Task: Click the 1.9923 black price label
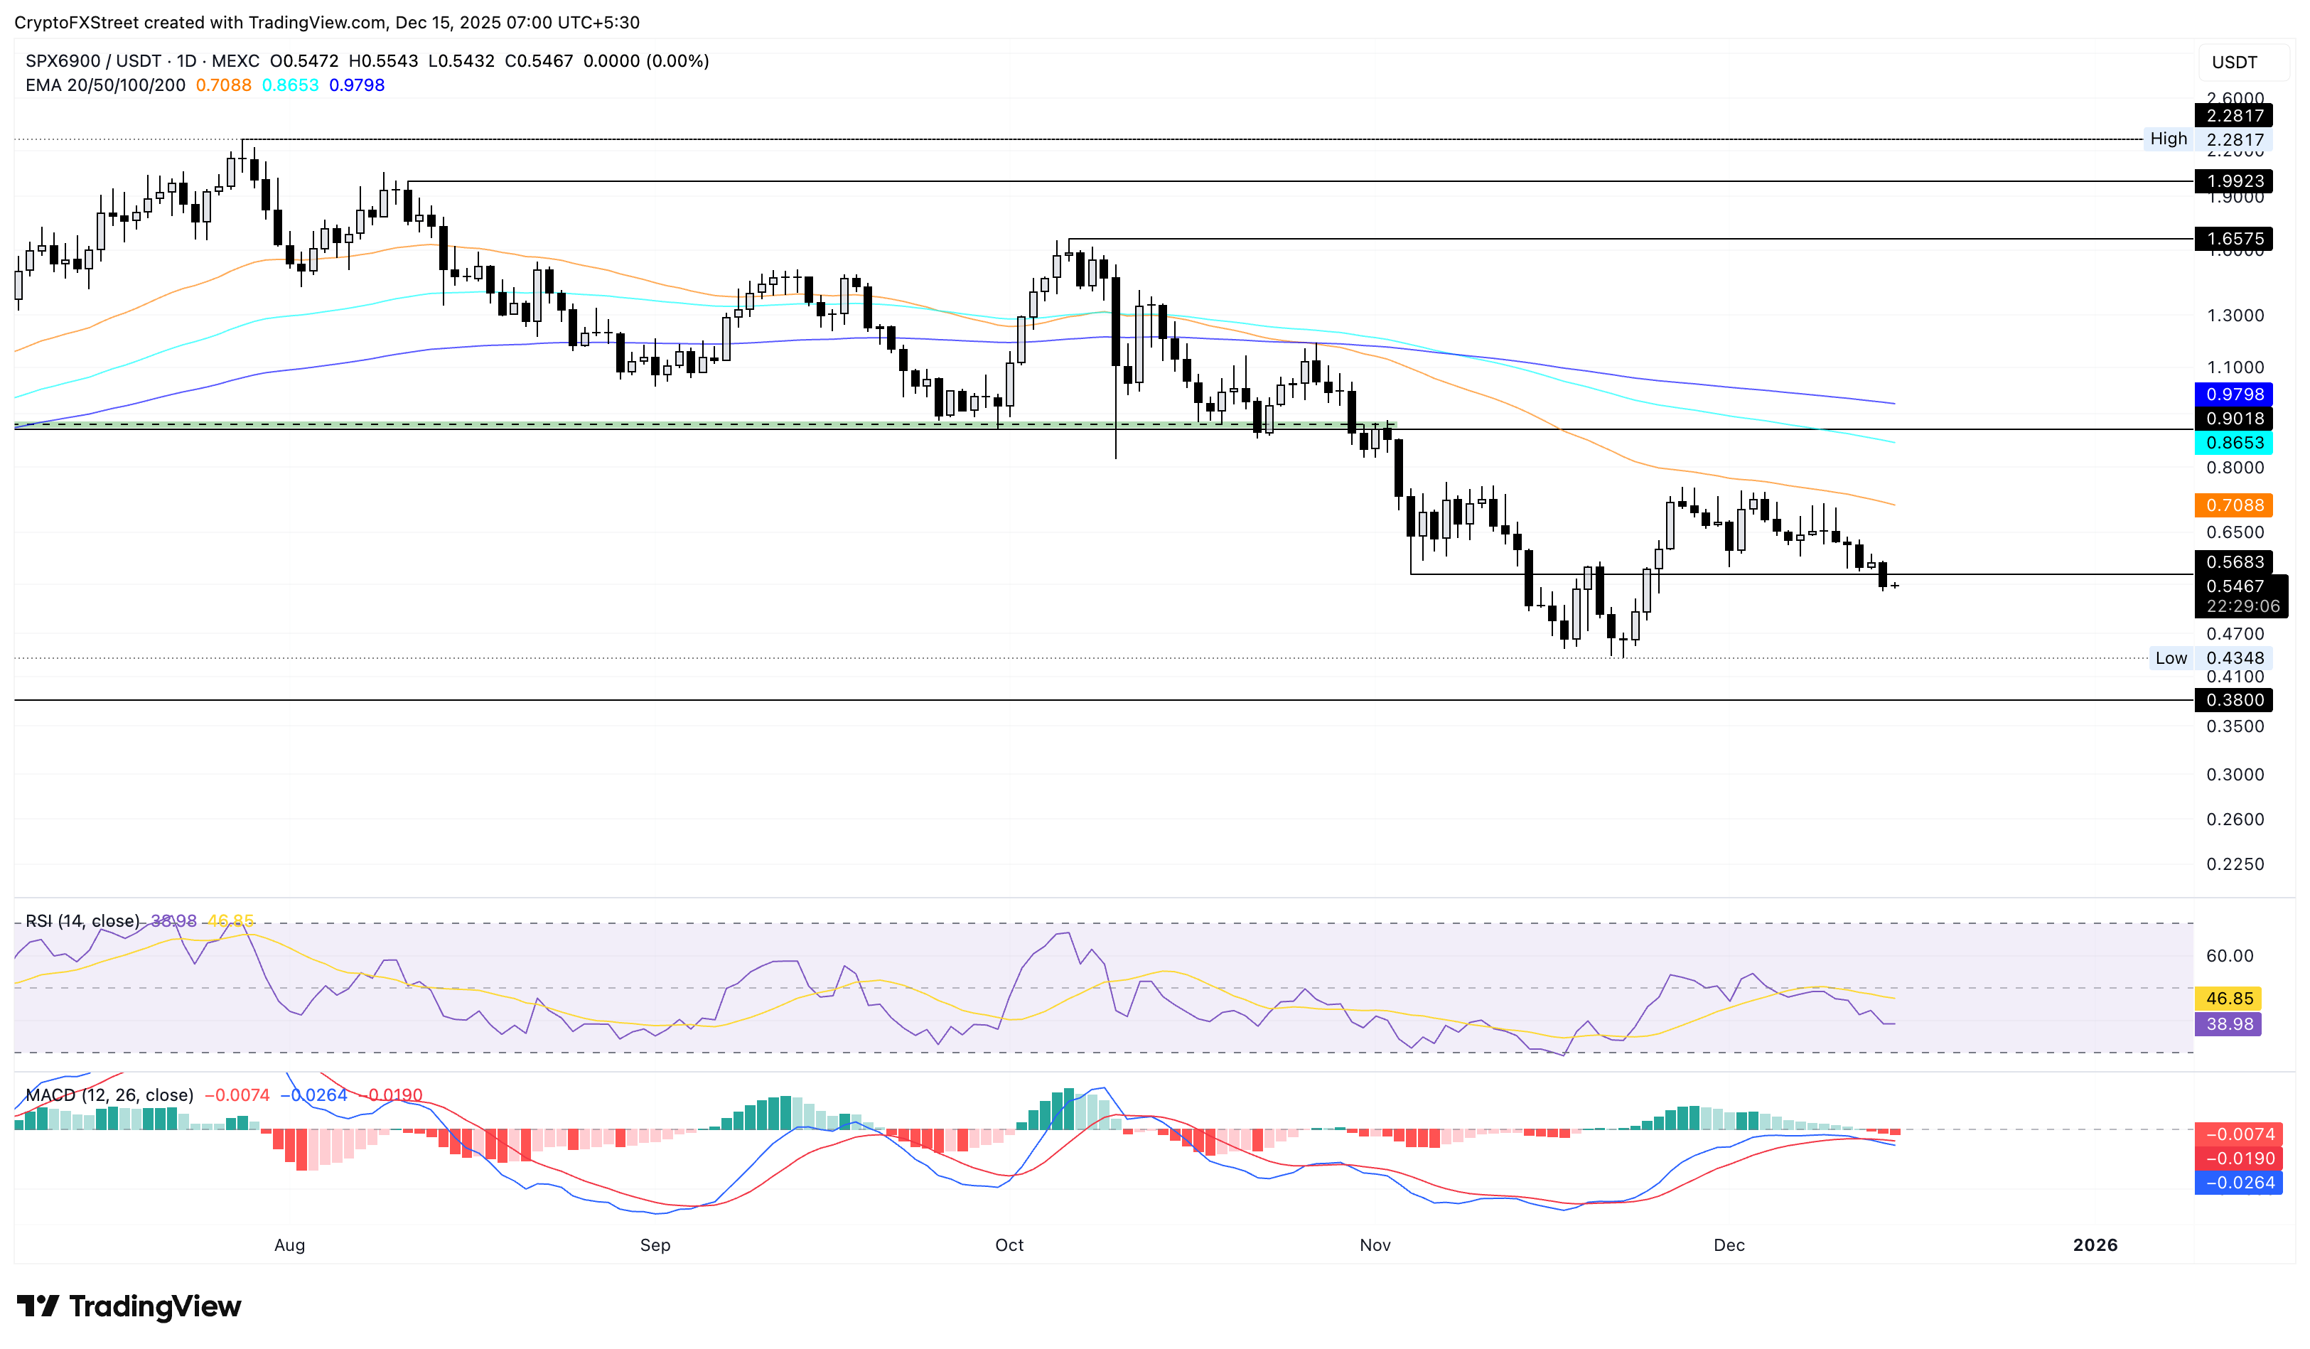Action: click(x=2234, y=181)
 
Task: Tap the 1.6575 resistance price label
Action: click(x=2234, y=240)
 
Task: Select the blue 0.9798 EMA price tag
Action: click(x=2234, y=394)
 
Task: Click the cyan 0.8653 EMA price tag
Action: click(x=2234, y=443)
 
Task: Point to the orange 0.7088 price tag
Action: click(x=2234, y=505)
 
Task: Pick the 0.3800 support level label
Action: click(x=2234, y=700)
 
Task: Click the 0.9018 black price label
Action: click(x=2234, y=419)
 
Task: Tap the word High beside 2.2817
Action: click(x=2168, y=139)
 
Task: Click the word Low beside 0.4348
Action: click(x=2171, y=658)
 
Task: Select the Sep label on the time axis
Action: click(x=655, y=1245)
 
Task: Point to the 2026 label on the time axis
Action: click(x=2095, y=1245)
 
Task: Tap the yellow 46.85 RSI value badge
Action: click(x=2228, y=999)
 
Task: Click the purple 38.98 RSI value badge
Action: click(x=2228, y=1023)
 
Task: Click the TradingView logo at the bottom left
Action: click(x=129, y=1306)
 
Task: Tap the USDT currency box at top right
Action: click(x=2234, y=63)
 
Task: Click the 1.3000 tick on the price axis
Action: click(x=2234, y=316)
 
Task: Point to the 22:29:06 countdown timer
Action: click(x=2242, y=607)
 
